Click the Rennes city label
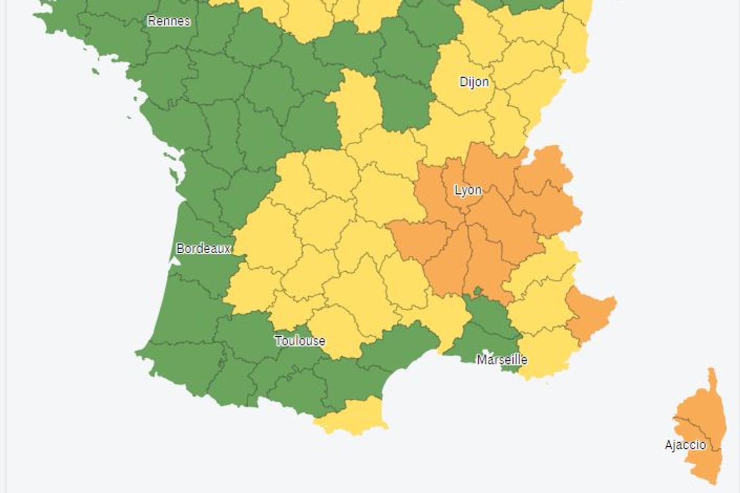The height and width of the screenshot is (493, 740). point(169,21)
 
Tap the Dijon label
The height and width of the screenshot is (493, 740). point(474,82)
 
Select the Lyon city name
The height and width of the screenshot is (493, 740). point(468,190)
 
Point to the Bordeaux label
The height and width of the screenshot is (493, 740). point(203,249)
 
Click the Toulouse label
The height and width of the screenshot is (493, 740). point(300,340)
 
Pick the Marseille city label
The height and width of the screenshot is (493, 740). point(502,359)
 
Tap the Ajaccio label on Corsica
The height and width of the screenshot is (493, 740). point(685,445)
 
